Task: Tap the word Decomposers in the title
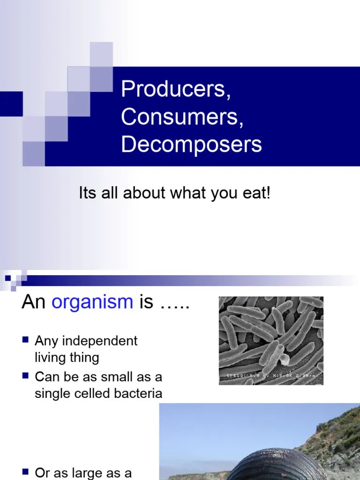click(191, 144)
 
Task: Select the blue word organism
click(92, 302)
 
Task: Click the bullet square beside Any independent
click(26, 339)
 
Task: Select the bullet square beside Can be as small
click(26, 375)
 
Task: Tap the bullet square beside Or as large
click(26, 471)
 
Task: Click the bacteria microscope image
click(271, 335)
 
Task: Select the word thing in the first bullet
click(84, 358)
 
